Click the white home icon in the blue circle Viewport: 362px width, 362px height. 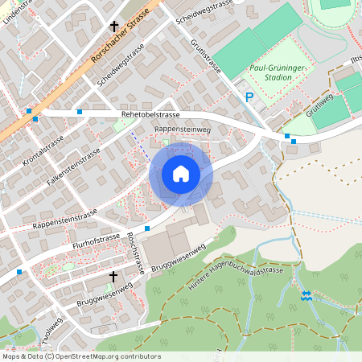[181, 174]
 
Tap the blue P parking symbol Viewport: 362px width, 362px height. [249, 97]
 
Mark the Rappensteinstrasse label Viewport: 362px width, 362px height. [64, 218]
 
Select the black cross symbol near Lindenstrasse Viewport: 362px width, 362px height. [114, 26]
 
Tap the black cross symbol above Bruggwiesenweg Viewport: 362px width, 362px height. [113, 277]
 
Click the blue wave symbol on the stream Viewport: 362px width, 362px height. [305, 295]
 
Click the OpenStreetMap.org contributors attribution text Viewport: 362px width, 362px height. [108, 356]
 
